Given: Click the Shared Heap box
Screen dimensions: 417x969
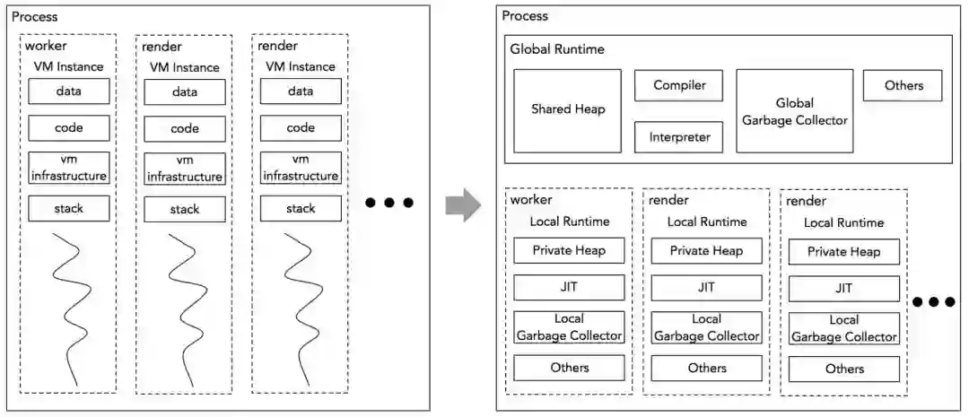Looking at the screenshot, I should pyautogui.click(x=568, y=109).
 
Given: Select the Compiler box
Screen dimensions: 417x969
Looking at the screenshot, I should pyautogui.click(x=678, y=86).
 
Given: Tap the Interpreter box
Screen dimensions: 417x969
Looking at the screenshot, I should pyautogui.click(x=678, y=137).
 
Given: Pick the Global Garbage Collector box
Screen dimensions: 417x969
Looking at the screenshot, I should pyautogui.click(x=794, y=111).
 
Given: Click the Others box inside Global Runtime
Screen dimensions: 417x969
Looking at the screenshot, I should pyautogui.click(x=903, y=86).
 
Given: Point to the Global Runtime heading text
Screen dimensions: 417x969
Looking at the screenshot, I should pyautogui.click(x=557, y=49).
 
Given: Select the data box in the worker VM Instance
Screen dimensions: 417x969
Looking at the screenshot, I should pyautogui.click(x=69, y=91).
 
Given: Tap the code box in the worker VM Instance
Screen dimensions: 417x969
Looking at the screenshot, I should pyautogui.click(x=69, y=128).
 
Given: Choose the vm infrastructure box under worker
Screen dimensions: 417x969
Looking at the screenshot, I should pyautogui.click(x=69, y=168).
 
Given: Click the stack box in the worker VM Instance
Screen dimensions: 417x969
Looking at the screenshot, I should pyautogui.click(x=69, y=209).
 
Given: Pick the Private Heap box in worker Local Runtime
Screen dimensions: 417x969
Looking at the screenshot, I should pyautogui.click(x=569, y=251).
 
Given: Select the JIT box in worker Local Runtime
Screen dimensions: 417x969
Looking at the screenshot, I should pyautogui.click(x=569, y=288).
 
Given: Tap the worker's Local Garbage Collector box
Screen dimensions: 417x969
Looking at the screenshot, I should pyautogui.click(x=569, y=327).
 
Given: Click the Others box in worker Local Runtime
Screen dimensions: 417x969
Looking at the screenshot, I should pyautogui.click(x=569, y=368).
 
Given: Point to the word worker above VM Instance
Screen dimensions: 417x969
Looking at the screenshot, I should pyautogui.click(x=46, y=46).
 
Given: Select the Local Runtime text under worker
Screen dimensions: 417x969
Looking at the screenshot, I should pyautogui.click(x=569, y=222).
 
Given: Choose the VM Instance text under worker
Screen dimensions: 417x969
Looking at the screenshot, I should pyautogui.click(x=69, y=65).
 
